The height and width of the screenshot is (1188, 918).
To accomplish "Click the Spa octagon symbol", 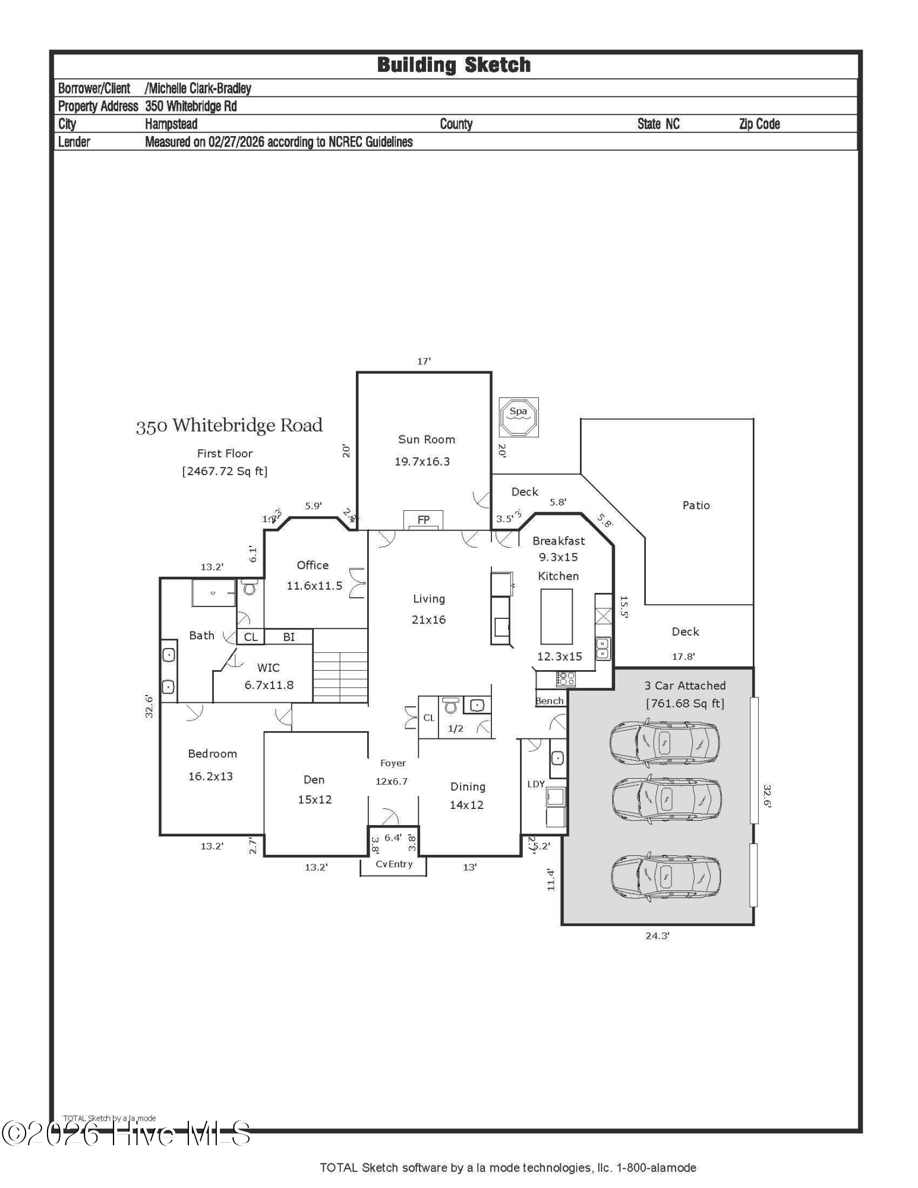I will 518,417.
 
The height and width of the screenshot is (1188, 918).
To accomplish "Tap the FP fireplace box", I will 423,520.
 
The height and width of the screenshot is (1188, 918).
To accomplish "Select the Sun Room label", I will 426,440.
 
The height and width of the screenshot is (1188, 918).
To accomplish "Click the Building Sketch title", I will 454,65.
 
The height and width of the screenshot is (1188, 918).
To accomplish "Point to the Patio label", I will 696,505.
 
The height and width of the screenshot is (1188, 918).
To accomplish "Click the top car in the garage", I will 664,742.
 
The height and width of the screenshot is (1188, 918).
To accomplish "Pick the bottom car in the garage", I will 665,876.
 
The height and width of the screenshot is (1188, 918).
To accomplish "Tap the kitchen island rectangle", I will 556,617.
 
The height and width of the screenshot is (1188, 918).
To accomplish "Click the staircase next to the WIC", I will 340,676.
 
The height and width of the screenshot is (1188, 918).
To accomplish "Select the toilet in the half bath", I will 451,705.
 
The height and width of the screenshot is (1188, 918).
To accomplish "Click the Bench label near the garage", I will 549,701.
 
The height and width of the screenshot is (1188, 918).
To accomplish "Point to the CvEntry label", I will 394,864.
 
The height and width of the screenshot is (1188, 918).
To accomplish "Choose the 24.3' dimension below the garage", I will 657,936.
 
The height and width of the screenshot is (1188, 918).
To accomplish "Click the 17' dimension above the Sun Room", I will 424,361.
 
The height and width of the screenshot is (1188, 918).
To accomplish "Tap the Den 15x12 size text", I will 315,800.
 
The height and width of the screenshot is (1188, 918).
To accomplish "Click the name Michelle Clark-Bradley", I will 199,89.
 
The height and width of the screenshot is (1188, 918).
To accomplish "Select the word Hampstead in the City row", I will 171,124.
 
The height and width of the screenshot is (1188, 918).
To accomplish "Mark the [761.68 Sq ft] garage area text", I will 685,703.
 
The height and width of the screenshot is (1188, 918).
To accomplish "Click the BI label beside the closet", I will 289,637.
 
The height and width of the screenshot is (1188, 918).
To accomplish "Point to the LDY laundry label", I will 535,784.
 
